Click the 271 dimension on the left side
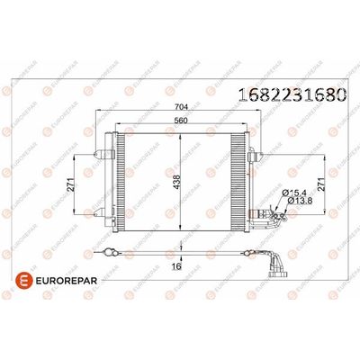(76, 186)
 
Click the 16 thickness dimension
(178, 267)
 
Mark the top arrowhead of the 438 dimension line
(182, 133)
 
